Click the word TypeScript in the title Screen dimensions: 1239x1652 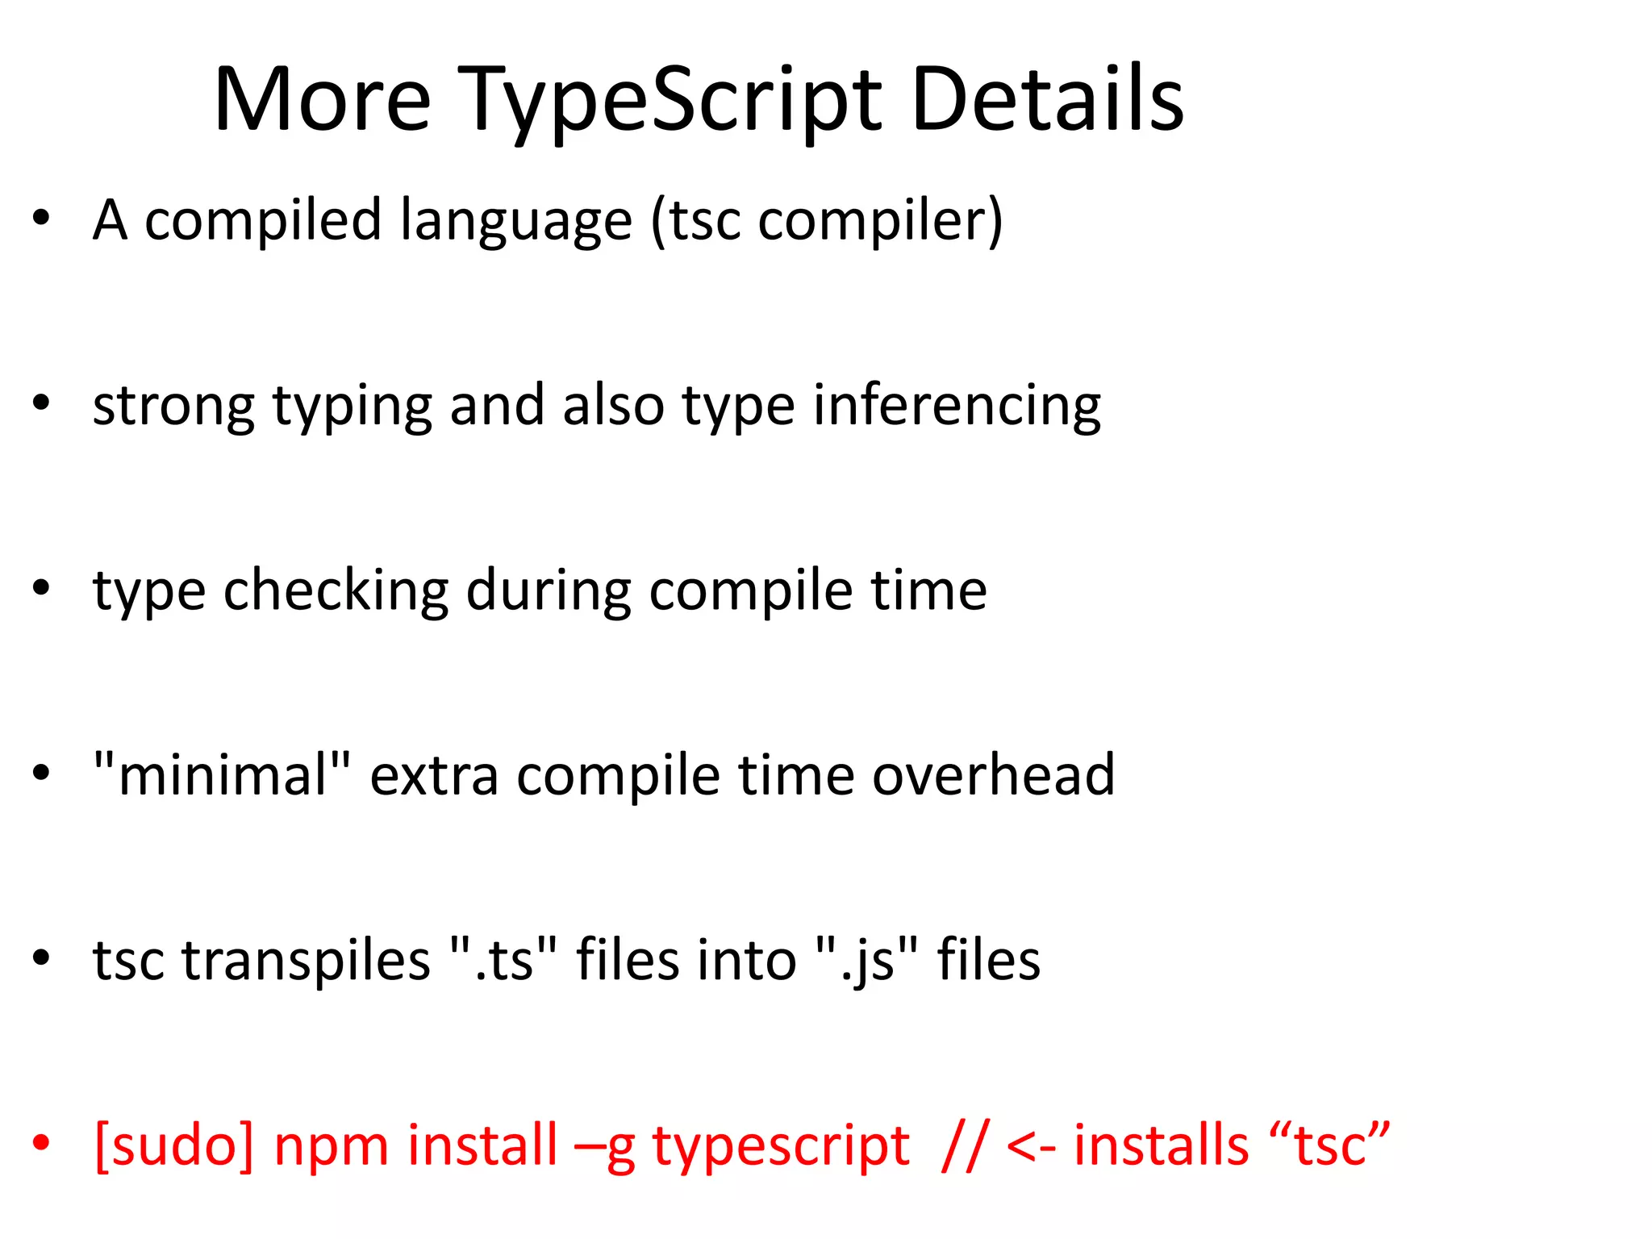(671, 101)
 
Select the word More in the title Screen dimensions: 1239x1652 (322, 100)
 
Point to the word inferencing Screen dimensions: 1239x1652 (957, 406)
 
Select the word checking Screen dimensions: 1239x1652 (336, 590)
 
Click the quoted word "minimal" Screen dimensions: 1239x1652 (223, 774)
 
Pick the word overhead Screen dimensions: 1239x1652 (994, 774)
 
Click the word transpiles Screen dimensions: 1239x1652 (307, 960)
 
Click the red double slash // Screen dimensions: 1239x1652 (962, 1145)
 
